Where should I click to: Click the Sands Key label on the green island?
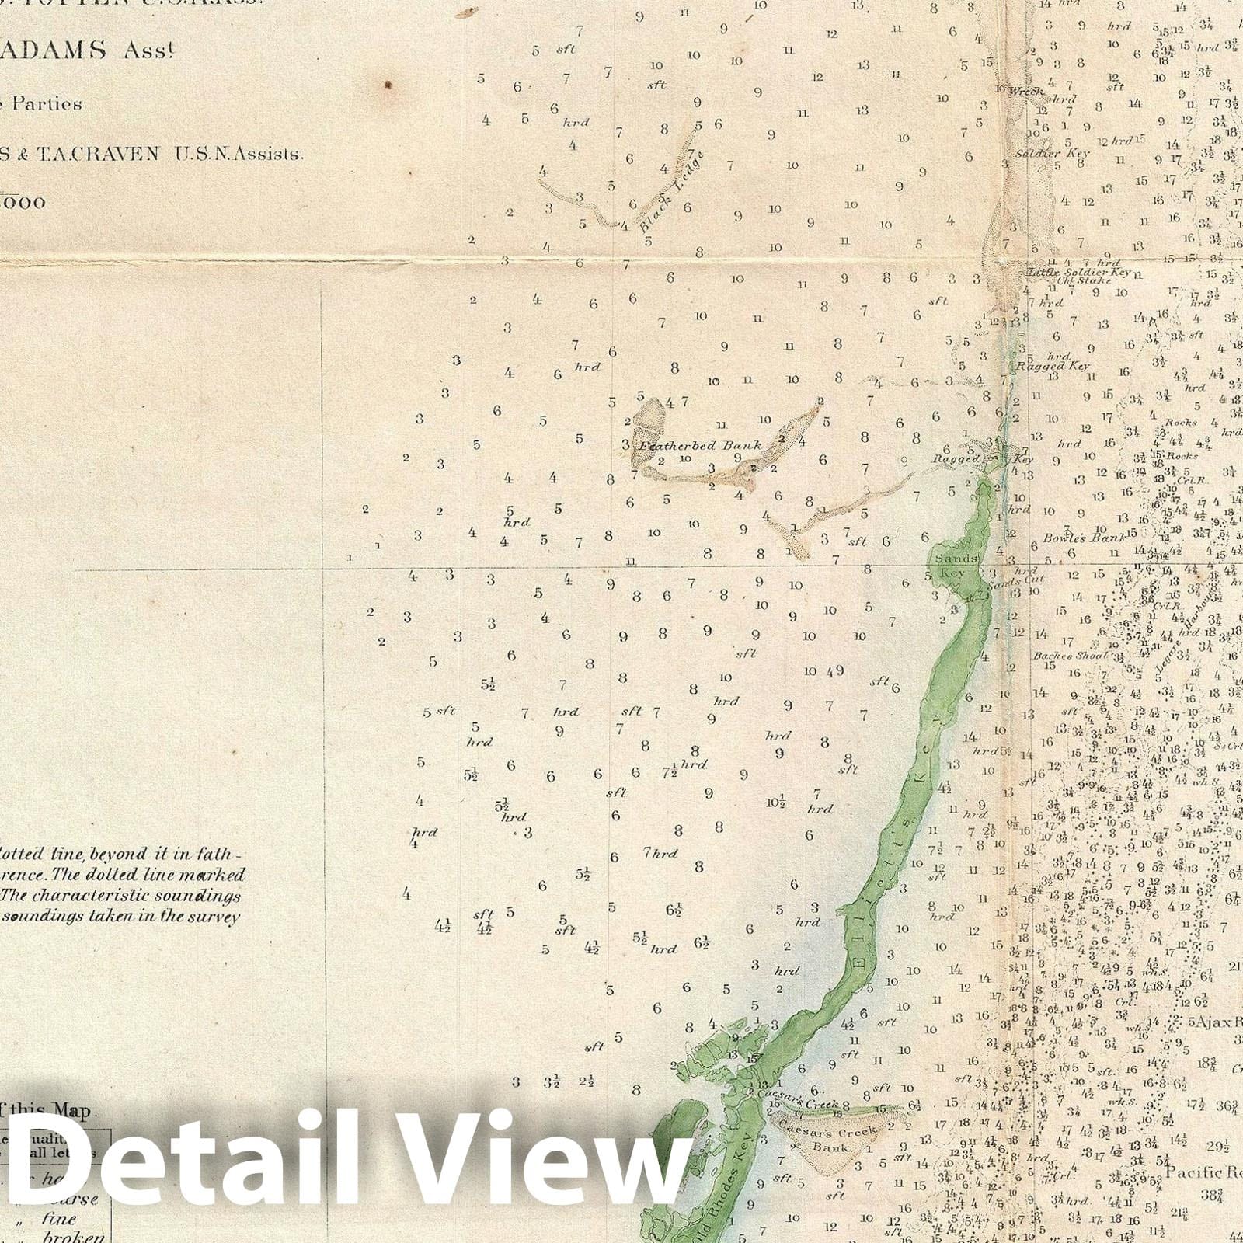[952, 566]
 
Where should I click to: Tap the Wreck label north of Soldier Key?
[1025, 92]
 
